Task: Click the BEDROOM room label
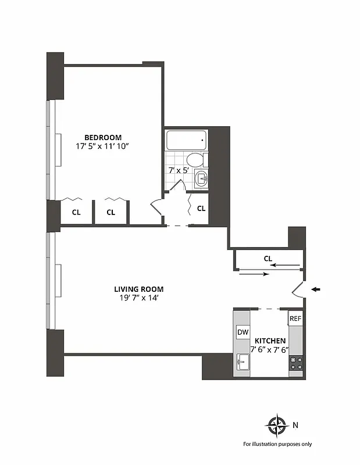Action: [x=102, y=137]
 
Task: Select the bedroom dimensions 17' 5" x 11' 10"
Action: [x=102, y=146]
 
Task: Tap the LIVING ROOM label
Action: [x=138, y=289]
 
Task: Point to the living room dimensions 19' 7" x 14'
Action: [x=138, y=298]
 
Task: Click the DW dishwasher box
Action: [x=243, y=332]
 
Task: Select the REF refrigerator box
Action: [x=295, y=319]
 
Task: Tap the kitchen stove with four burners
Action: [x=295, y=363]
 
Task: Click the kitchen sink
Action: [x=243, y=363]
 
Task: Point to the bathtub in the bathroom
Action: [x=186, y=140]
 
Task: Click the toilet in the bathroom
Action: [x=196, y=159]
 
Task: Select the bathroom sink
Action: [x=201, y=178]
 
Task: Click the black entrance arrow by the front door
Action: [x=316, y=289]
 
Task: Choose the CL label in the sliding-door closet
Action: [x=268, y=258]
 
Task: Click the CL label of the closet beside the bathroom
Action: [x=201, y=209]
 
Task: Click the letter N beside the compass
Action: [x=295, y=425]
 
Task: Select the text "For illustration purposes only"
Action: [x=277, y=444]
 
